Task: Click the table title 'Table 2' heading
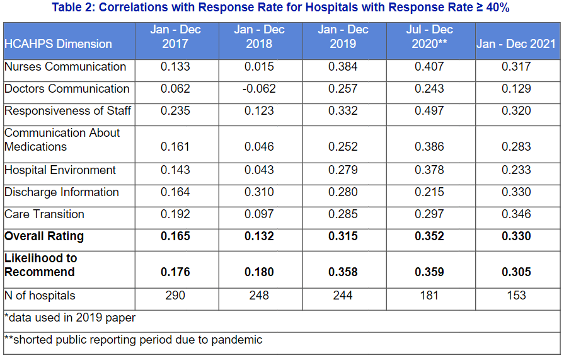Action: pyautogui.click(x=282, y=8)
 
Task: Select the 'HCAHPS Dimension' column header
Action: pyautogui.click(x=58, y=44)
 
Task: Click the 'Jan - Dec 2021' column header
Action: pyautogui.click(x=516, y=44)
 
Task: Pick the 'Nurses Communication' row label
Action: pyautogui.click(x=65, y=67)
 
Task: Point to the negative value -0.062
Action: pyautogui.click(x=259, y=89)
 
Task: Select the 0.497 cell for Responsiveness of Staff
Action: pyautogui.click(x=429, y=111)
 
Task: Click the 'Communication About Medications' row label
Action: pyautogui.click(x=62, y=140)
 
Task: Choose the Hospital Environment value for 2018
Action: pyautogui.click(x=259, y=170)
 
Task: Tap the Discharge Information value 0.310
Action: pyautogui.click(x=259, y=192)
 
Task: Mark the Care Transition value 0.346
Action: pyautogui.click(x=516, y=214)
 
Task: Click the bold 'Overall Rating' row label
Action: pyautogui.click(x=44, y=236)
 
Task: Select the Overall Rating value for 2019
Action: pyautogui.click(x=343, y=236)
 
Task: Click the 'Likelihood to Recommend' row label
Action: pyautogui.click(x=40, y=265)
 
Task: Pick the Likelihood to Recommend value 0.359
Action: pyautogui.click(x=429, y=272)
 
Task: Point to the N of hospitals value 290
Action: pyautogui.click(x=175, y=295)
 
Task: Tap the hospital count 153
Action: pyautogui.click(x=516, y=295)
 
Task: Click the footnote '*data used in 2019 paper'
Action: pyautogui.click(x=69, y=318)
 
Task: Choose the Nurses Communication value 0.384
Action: pyautogui.click(x=343, y=67)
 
